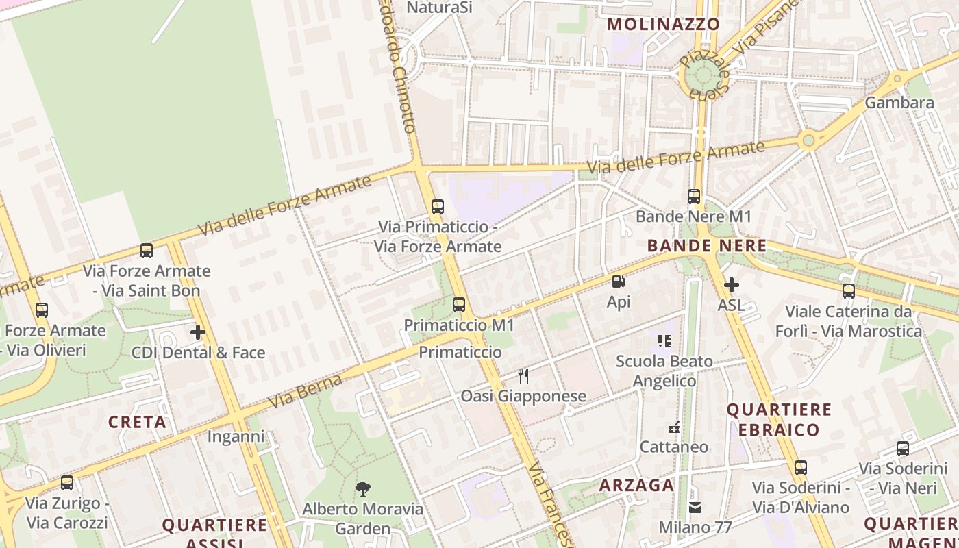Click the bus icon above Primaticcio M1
point(459,305)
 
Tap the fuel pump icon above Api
point(618,281)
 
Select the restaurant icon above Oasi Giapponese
point(523,375)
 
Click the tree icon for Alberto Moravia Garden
point(363,488)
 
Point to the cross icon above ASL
point(731,285)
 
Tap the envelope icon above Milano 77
point(695,508)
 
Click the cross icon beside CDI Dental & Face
point(198,333)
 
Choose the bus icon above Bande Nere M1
point(694,197)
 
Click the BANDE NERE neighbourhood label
point(706,245)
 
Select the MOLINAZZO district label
point(664,24)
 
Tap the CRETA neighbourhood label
point(137,422)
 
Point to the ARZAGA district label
point(636,485)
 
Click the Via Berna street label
point(306,390)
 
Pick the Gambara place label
point(899,103)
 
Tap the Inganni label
point(236,436)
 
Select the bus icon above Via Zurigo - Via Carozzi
point(67,483)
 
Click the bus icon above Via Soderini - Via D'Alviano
point(800,468)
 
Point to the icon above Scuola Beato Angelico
point(664,340)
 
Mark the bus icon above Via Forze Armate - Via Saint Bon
point(147,251)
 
